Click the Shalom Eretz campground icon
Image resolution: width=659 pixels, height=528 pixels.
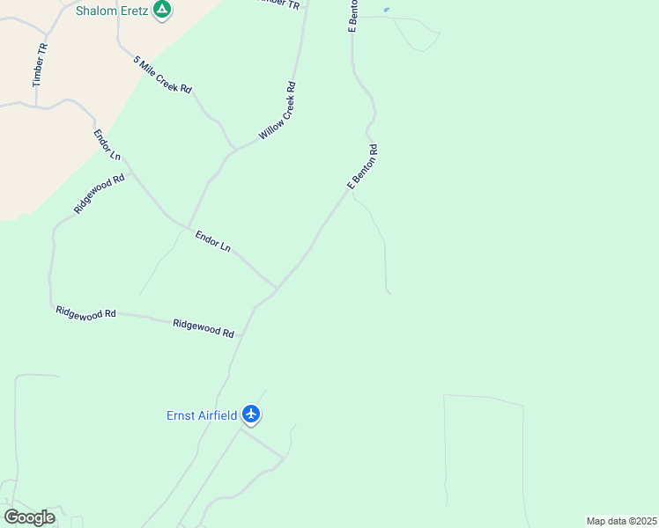coord(162,11)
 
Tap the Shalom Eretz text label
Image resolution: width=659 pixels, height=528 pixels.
coord(112,11)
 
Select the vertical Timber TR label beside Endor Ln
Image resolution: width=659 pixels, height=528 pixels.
coord(39,64)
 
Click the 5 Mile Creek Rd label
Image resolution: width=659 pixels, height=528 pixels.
coord(163,75)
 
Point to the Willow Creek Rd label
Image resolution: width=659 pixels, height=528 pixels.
coord(277,112)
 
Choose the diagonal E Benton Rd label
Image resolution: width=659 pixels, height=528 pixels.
coord(363,167)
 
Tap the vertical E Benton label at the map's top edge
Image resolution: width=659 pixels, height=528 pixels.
coord(352,17)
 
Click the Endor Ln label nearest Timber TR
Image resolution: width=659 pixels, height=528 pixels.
coord(107,144)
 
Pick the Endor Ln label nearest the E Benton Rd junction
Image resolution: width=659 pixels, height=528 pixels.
coord(212,242)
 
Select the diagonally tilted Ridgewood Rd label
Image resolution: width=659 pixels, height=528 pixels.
coord(100,194)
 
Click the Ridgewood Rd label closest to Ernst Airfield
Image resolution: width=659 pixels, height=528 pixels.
coord(204,327)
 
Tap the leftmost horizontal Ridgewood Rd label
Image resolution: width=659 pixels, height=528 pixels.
coord(85,312)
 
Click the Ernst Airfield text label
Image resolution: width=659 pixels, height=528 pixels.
coord(202,415)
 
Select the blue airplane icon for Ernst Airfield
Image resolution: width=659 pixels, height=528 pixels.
coord(251,414)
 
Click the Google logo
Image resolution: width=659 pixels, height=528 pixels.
coord(29,517)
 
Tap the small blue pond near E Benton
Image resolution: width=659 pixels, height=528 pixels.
coord(386,10)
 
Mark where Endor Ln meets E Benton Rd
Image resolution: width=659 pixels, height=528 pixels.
coord(277,288)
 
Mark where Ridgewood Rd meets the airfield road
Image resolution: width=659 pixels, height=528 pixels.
coord(240,336)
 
